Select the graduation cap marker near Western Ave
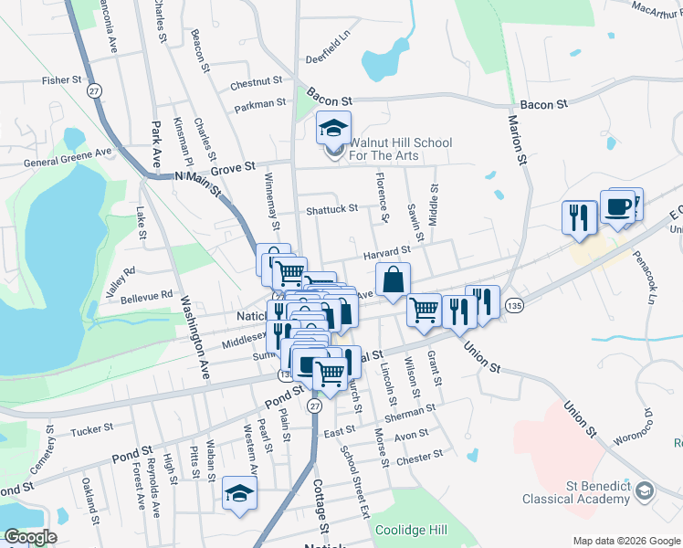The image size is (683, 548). [239, 494]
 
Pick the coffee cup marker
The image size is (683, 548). [617, 207]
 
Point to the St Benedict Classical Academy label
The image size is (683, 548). [576, 492]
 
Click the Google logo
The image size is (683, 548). [30, 537]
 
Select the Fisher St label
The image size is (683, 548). [63, 80]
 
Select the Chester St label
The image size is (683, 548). [421, 454]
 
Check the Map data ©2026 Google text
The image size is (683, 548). [625, 540]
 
